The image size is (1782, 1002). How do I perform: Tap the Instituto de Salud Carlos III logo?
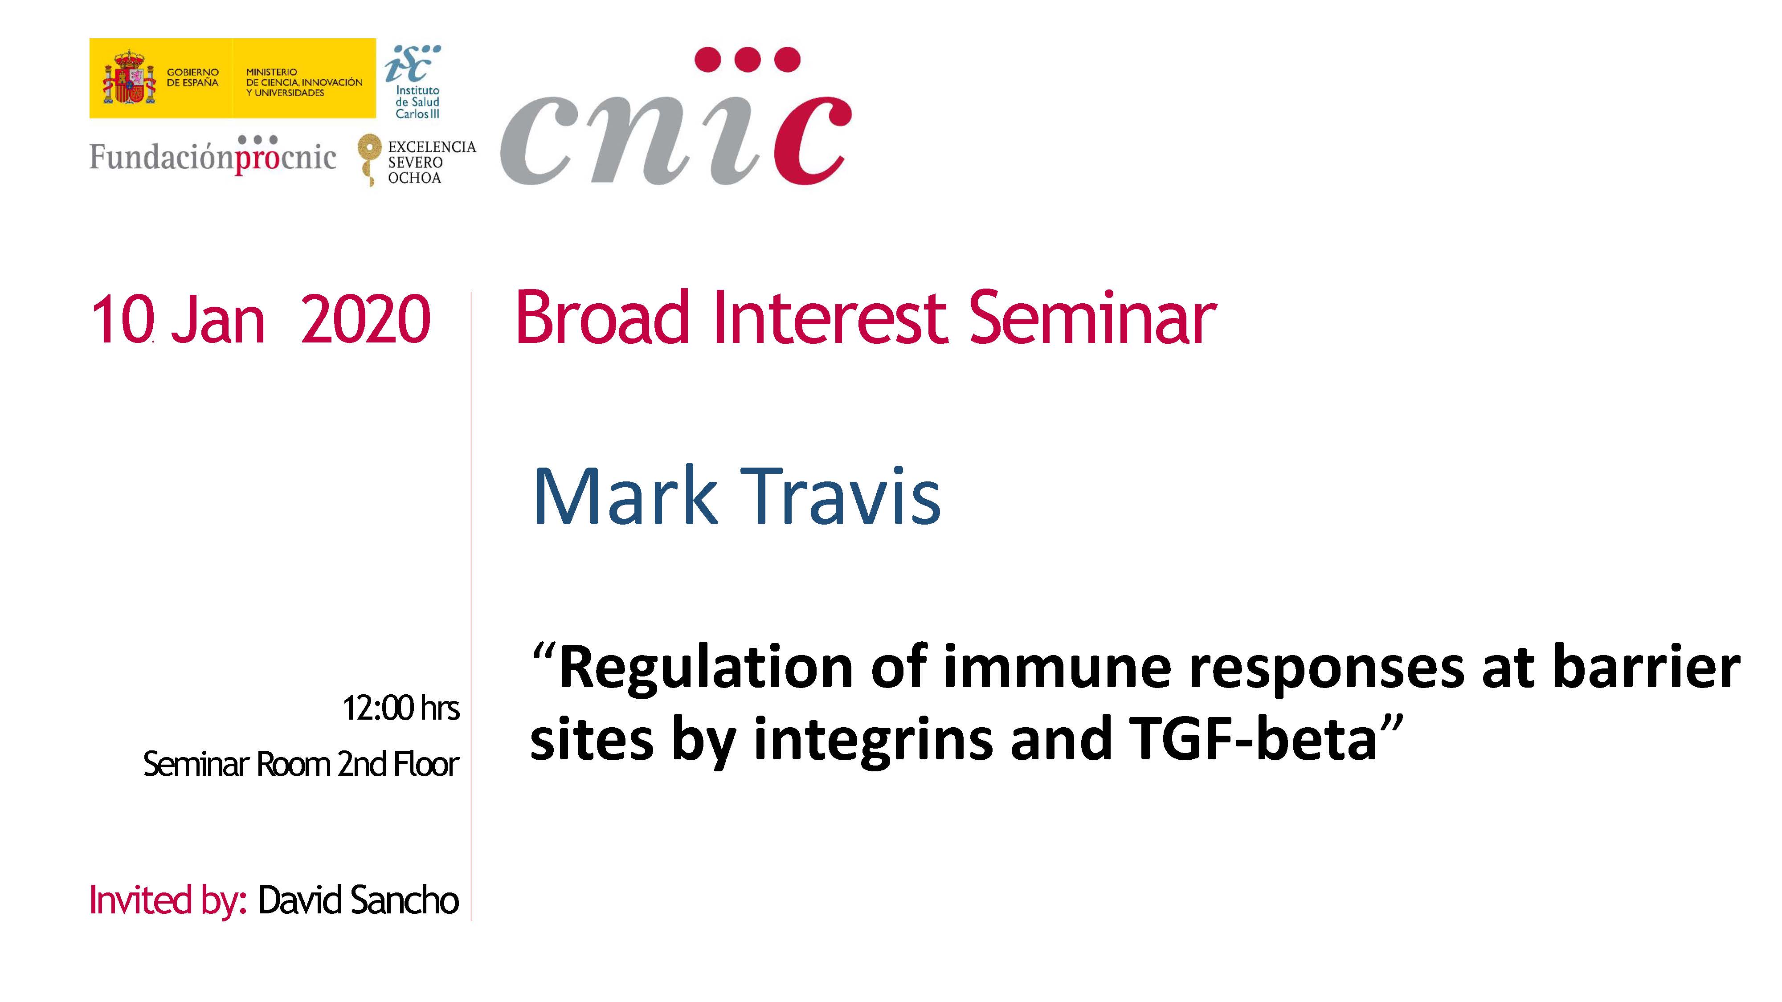(x=414, y=81)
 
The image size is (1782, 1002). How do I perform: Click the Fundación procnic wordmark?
(x=213, y=155)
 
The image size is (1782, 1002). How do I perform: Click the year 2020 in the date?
(x=366, y=319)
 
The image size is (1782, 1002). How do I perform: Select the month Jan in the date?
(x=218, y=319)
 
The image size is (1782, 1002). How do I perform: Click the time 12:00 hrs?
(x=401, y=708)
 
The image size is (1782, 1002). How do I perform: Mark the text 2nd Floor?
(x=398, y=764)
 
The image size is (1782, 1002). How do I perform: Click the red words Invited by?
(x=168, y=901)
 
